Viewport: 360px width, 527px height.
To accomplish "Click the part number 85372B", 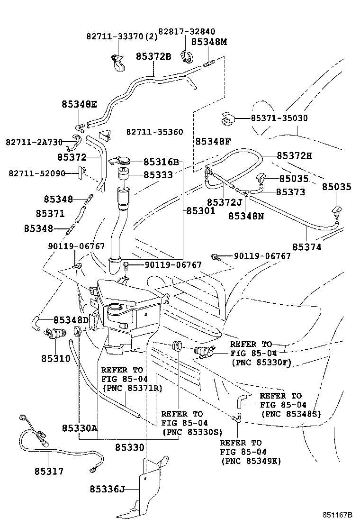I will [x=153, y=56].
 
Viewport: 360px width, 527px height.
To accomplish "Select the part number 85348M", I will [x=209, y=42].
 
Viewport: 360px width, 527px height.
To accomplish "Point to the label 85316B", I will [x=161, y=162].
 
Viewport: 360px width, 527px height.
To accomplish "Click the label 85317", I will [x=49, y=471].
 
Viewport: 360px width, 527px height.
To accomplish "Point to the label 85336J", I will [x=107, y=489].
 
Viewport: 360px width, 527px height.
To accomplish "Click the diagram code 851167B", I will [x=338, y=515].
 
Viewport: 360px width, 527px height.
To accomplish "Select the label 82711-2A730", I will [x=34, y=142].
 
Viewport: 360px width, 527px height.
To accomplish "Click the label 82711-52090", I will [x=36, y=173].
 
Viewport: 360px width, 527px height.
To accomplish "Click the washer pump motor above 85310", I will [x=55, y=334].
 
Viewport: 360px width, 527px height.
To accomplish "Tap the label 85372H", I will [x=295, y=155].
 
